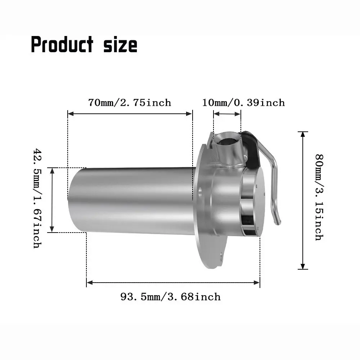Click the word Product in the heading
click(62, 45)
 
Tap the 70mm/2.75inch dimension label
click(130, 103)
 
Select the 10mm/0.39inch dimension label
click(243, 103)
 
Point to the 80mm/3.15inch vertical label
click(319, 197)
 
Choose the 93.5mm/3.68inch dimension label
click(170, 297)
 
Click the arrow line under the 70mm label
click(130, 114)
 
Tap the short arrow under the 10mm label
click(227, 114)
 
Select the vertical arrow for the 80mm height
click(303, 200)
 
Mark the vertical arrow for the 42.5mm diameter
click(52, 200)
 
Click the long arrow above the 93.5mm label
click(173, 283)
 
